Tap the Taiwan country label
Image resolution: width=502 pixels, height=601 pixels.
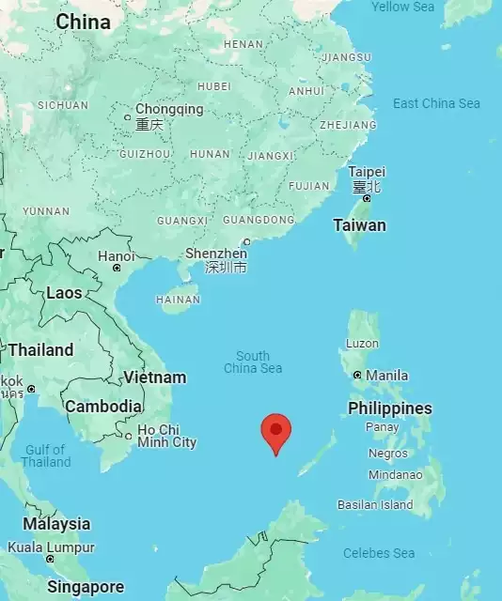(359, 225)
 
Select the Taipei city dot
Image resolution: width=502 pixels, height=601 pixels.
(367, 198)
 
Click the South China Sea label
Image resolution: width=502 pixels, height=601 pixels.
(253, 362)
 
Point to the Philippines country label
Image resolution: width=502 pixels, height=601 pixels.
(389, 408)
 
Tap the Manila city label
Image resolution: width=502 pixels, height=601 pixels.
(386, 376)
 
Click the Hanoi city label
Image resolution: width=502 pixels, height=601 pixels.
(117, 255)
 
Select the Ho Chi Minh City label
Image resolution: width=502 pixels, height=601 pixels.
(166, 436)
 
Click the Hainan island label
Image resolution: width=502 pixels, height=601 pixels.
(178, 300)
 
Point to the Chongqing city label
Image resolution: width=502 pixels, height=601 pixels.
(169, 110)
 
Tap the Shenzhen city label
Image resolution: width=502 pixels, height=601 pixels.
(216, 254)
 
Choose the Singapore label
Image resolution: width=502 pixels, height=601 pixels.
(86, 587)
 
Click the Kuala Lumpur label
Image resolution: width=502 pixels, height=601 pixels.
(51, 547)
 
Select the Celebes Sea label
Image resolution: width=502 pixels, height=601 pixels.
(379, 553)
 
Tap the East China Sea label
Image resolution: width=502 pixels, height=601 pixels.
(436, 103)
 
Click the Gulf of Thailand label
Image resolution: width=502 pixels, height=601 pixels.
(45, 455)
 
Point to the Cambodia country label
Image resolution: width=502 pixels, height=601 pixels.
(103, 407)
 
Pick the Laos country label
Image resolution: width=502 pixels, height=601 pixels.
(64, 293)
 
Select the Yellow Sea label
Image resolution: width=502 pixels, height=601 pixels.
(402, 7)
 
